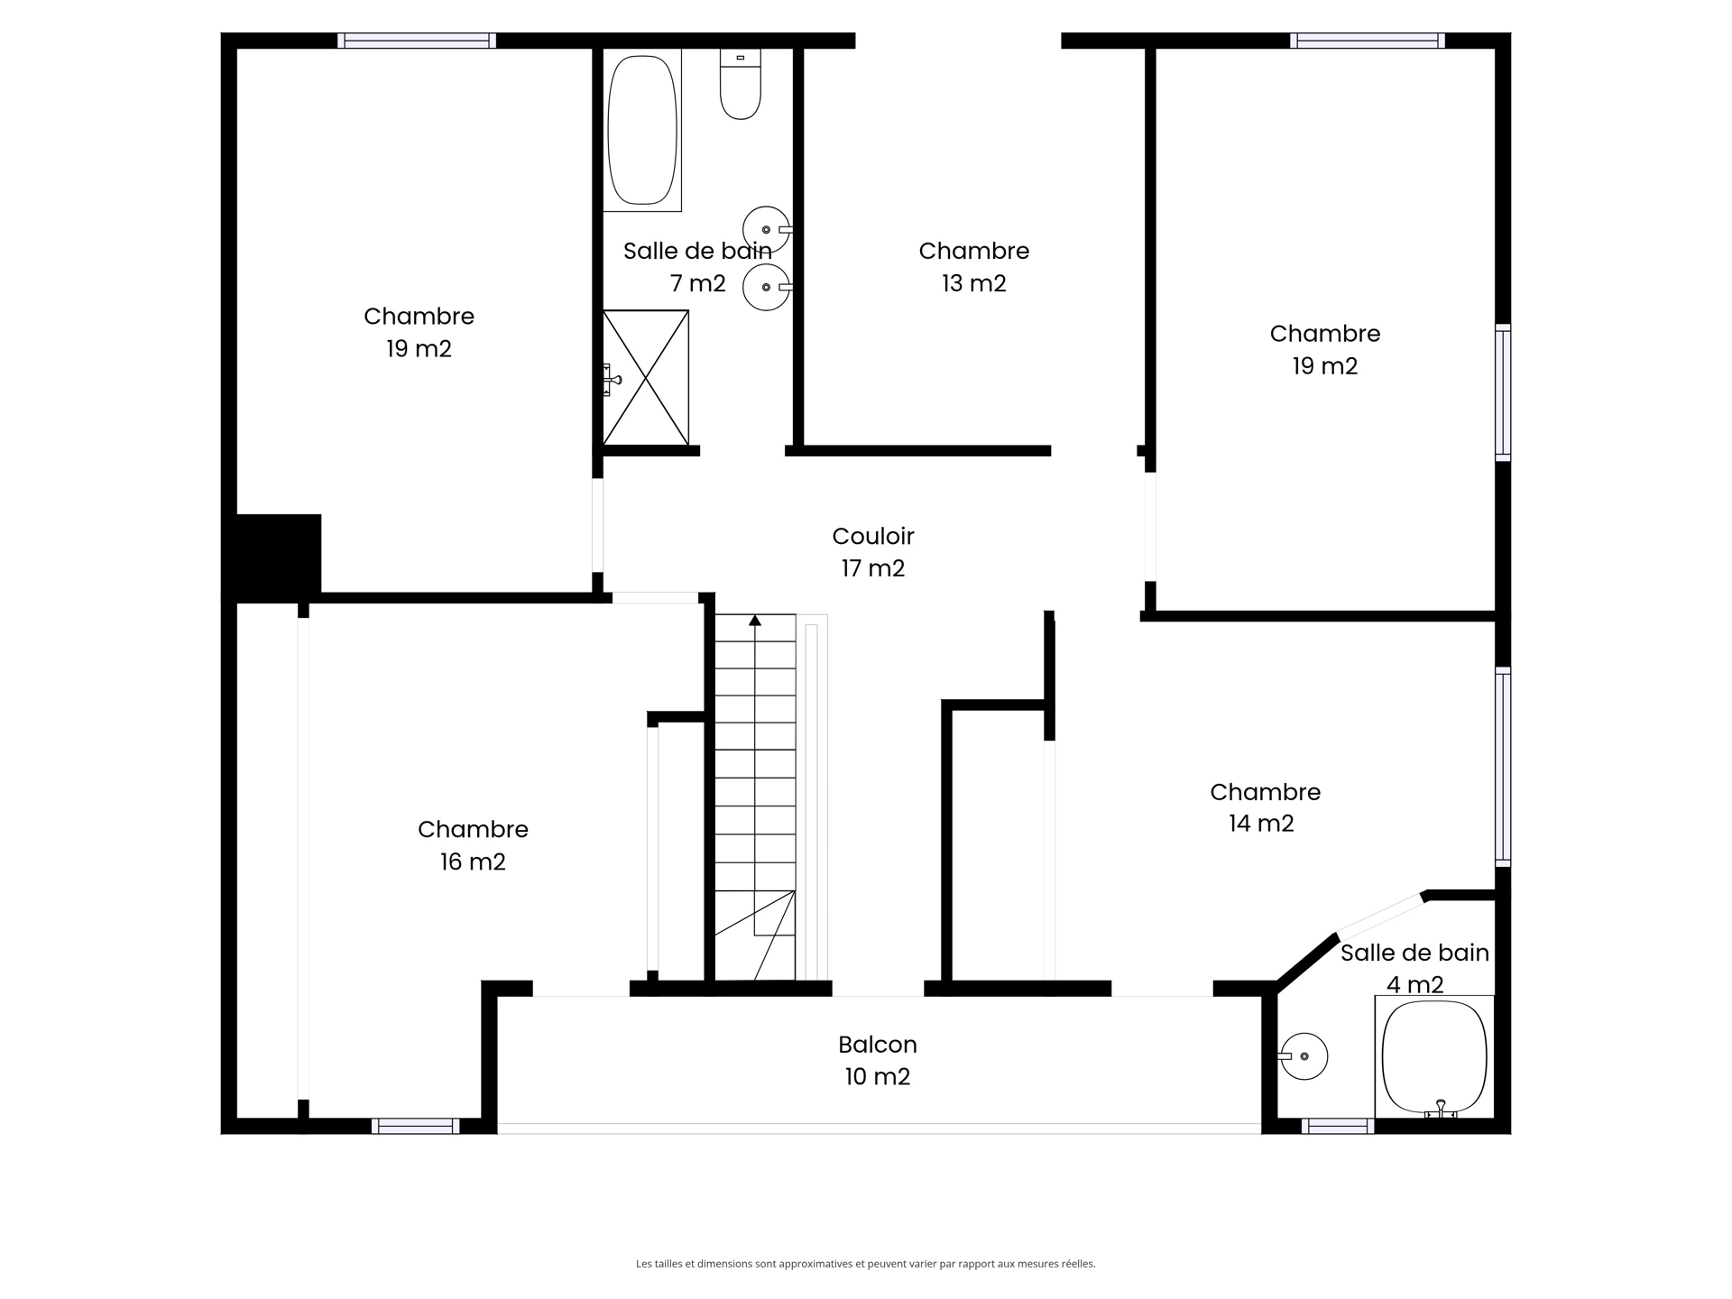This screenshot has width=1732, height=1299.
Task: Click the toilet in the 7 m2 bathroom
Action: pyautogui.click(x=741, y=84)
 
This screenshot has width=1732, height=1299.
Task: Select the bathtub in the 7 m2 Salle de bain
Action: pyautogui.click(x=642, y=130)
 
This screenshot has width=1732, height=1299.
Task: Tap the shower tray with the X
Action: pyautogui.click(x=646, y=378)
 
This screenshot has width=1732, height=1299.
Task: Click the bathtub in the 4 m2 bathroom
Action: pyautogui.click(x=1434, y=1056)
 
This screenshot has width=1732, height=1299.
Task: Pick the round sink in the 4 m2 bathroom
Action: pyautogui.click(x=1304, y=1056)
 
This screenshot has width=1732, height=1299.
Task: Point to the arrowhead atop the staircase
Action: pyautogui.click(x=755, y=620)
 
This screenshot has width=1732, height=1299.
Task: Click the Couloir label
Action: pyautogui.click(x=873, y=536)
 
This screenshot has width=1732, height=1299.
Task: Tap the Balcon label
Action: pyautogui.click(x=878, y=1045)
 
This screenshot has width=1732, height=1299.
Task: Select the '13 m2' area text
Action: pyautogui.click(x=974, y=283)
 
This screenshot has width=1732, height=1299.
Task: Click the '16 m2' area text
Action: pyautogui.click(x=473, y=861)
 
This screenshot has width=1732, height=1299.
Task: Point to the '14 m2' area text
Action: pyautogui.click(x=1261, y=824)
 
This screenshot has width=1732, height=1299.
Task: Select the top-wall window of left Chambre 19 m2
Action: pyautogui.click(x=417, y=41)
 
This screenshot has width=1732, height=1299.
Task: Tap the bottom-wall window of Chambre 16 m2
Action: pyautogui.click(x=415, y=1126)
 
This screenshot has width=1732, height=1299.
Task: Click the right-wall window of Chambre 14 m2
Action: pyautogui.click(x=1503, y=767)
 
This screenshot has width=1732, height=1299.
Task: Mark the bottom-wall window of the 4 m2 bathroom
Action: pyautogui.click(x=1338, y=1126)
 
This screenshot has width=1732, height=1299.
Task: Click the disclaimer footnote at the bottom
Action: pyautogui.click(x=866, y=1264)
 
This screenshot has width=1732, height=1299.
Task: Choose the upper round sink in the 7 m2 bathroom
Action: pyautogui.click(x=767, y=230)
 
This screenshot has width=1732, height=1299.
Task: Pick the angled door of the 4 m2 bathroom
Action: pyautogui.click(x=1380, y=915)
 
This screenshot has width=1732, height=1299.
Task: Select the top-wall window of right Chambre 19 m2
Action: pyautogui.click(x=1368, y=41)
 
